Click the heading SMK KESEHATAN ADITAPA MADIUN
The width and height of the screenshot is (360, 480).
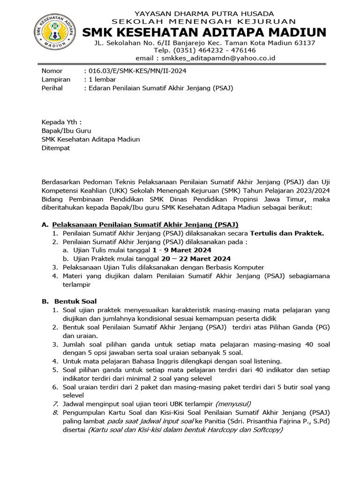(204, 32)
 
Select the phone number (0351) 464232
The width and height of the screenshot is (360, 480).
(194, 50)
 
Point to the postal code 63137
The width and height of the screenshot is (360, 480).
(305, 42)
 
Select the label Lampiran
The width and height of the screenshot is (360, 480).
(56, 79)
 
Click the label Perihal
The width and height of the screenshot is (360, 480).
(52, 88)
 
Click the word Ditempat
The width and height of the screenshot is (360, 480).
(56, 148)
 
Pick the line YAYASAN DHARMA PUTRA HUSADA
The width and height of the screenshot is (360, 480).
(204, 14)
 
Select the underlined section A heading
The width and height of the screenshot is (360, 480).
(148, 225)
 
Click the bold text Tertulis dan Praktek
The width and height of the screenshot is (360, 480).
(287, 233)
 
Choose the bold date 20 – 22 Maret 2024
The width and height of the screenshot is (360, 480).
(188, 259)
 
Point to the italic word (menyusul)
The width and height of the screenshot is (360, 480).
(233, 404)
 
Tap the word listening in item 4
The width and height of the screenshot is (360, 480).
(266, 361)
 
